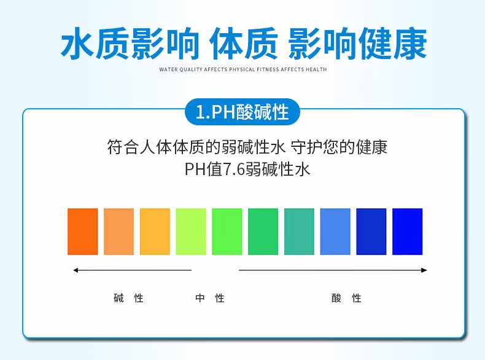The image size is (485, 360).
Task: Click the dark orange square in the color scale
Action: [x=83, y=232]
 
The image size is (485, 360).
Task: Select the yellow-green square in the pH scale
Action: [x=191, y=232]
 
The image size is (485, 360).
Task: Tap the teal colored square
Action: [x=299, y=232]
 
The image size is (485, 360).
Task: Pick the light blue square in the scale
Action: [x=335, y=232]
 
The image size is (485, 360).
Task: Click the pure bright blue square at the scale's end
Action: [x=408, y=232]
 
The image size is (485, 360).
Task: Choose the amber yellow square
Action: [x=155, y=232]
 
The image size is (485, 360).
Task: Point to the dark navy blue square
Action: [x=371, y=232]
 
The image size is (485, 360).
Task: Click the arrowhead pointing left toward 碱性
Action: [x=76, y=270]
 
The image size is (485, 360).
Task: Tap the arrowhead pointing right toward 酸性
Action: [x=424, y=270]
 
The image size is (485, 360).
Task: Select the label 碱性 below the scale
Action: [x=129, y=298]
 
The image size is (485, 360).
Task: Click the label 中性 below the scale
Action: [x=210, y=298]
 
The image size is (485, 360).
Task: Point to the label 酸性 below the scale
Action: [x=346, y=298]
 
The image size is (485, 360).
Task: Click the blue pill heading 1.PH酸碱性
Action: [x=243, y=112]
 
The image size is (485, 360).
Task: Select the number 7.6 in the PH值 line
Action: [x=234, y=170]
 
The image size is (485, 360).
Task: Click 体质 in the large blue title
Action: [x=244, y=44]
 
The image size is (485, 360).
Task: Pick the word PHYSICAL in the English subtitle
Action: [x=242, y=69]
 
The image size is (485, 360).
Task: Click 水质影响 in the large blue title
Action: [x=130, y=44]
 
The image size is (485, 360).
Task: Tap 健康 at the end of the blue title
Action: [x=392, y=44]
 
